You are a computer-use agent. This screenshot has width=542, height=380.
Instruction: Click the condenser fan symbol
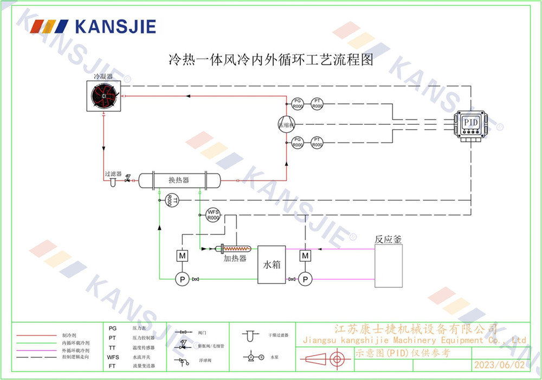coord(104,96)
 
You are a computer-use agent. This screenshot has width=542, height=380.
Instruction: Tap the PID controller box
coord(470,124)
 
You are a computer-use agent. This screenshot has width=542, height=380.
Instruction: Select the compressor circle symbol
coord(286,124)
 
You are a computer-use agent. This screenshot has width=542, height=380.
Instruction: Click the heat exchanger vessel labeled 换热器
coord(179,180)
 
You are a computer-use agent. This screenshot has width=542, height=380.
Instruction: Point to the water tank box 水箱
coord(272,265)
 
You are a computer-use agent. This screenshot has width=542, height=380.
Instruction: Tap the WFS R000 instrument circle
coord(213,215)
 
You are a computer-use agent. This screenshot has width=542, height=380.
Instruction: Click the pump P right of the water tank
coord(306,279)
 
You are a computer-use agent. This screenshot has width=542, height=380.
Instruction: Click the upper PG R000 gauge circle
coord(298,104)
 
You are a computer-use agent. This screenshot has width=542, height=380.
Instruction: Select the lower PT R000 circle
coord(317,143)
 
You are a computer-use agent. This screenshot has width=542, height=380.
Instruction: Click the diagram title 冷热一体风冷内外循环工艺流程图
coord(272,59)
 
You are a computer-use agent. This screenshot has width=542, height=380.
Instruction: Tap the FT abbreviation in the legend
coord(112,366)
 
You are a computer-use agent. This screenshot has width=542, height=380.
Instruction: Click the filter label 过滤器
coord(113,174)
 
